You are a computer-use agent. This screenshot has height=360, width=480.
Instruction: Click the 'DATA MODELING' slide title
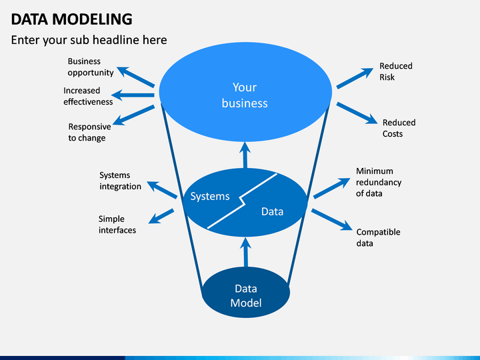click(71, 19)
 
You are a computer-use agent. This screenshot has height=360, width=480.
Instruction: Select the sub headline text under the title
click(89, 40)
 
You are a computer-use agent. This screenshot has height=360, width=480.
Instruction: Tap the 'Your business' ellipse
click(245, 92)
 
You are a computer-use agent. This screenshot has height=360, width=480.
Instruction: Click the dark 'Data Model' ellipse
click(246, 293)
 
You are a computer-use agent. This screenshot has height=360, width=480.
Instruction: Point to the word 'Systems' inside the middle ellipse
click(210, 196)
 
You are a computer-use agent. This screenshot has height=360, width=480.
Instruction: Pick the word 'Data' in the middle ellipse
click(272, 211)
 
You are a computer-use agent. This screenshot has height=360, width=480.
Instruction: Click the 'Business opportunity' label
click(91, 67)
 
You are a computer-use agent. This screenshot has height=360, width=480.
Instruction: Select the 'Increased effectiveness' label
click(88, 96)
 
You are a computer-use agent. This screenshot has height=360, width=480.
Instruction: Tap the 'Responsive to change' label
click(90, 132)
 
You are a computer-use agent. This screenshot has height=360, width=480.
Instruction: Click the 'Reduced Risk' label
click(396, 71)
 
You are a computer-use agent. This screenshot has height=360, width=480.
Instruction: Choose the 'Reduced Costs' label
click(399, 128)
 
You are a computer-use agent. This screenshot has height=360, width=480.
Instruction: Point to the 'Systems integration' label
click(120, 181)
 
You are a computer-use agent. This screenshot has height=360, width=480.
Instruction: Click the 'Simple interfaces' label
click(117, 225)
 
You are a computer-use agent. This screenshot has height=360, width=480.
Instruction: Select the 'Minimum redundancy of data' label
click(379, 183)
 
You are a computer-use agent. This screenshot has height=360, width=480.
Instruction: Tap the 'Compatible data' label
click(379, 238)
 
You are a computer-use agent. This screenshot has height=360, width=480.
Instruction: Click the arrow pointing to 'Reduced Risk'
click(355, 78)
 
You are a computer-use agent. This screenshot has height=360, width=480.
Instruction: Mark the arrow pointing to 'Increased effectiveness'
click(133, 95)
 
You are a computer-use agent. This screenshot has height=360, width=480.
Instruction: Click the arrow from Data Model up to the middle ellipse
click(245, 253)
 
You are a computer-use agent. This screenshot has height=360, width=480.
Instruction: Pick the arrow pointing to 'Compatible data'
click(332, 219)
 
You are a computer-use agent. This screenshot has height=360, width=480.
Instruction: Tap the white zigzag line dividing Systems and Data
click(242, 201)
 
